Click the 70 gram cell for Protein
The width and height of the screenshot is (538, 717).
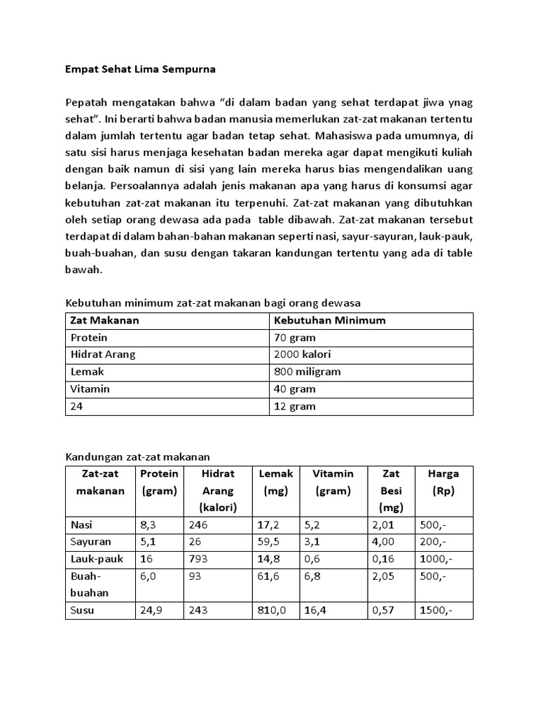(294, 337)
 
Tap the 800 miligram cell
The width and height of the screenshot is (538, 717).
(308, 372)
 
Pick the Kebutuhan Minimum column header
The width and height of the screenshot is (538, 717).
(329, 320)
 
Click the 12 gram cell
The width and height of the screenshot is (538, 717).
(294, 406)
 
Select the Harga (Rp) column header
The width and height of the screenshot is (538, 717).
(443, 482)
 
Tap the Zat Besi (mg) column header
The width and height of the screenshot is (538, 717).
(390, 490)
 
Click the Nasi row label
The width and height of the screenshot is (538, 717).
(82, 524)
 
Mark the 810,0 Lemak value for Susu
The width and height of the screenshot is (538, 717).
(273, 610)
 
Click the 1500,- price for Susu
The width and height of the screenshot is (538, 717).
(436, 610)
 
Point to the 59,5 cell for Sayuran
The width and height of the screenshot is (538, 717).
(270, 541)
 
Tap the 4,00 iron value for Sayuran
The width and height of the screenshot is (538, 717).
(383, 541)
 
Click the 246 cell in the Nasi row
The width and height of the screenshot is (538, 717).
(198, 524)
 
